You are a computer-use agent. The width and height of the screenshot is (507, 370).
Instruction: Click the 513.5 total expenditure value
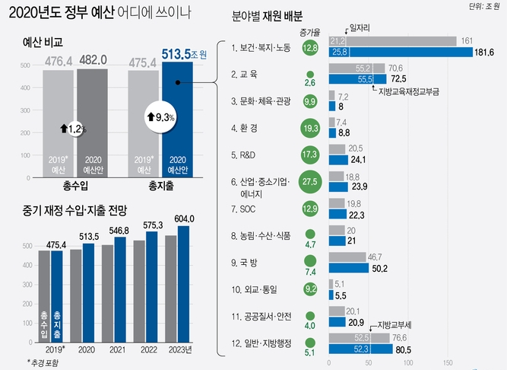(x=180, y=54)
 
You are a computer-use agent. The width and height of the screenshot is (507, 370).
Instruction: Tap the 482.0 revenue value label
(x=93, y=57)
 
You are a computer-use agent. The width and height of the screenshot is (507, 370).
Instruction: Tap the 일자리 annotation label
(x=359, y=26)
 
